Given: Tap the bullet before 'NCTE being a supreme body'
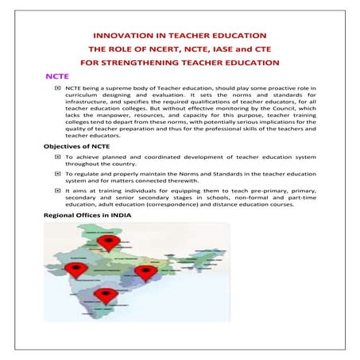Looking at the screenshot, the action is [57, 90].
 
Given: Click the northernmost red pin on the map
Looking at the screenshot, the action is [106, 241].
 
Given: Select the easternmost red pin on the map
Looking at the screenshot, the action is [144, 273].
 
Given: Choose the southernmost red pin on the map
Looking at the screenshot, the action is [103, 296].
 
